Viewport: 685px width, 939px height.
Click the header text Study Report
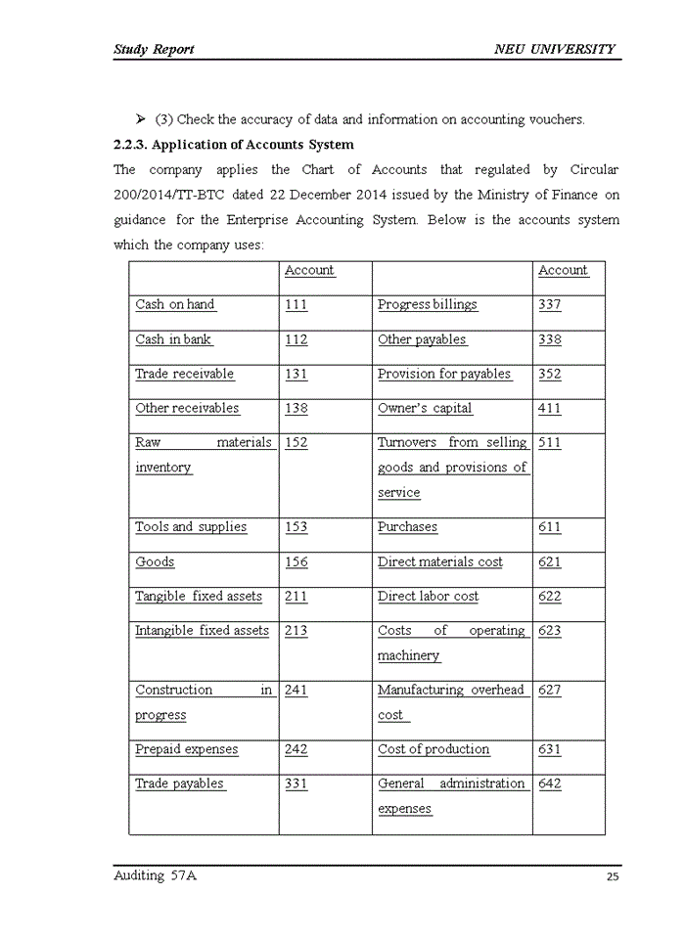[154, 49]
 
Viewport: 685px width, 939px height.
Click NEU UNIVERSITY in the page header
[555, 49]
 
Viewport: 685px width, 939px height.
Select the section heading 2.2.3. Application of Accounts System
[234, 145]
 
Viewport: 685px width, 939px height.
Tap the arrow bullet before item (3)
[141, 119]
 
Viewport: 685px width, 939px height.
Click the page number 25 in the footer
[613, 876]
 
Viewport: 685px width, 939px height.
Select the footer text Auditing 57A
[155, 875]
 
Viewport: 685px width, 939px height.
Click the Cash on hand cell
[174, 304]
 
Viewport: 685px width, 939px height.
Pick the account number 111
[296, 304]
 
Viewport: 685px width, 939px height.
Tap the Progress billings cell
[428, 304]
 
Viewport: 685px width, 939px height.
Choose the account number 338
[549, 339]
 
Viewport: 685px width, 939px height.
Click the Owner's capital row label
[425, 408]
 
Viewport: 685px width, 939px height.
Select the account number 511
[549, 442]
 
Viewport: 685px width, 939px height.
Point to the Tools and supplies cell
[191, 526]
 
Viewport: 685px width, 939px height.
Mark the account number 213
[296, 631]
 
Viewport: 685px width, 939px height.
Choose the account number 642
[549, 783]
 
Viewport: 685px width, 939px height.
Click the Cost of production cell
[434, 749]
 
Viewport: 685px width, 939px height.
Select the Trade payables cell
[179, 783]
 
